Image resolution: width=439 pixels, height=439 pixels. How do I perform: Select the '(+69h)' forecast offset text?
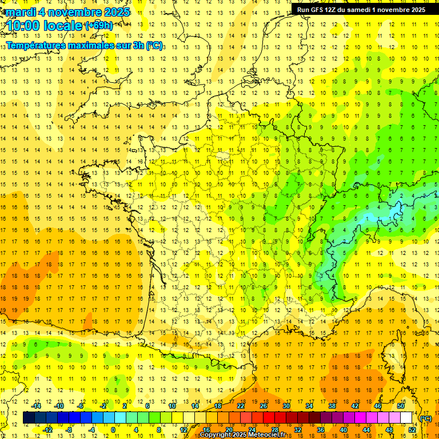click(x=99, y=26)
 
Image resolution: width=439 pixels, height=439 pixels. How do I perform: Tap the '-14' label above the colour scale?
click(x=37, y=406)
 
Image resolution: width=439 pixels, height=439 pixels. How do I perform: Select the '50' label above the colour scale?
click(x=400, y=406)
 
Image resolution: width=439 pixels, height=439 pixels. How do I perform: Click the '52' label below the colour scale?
click(x=412, y=430)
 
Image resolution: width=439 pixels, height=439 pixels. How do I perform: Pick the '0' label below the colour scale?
click(x=113, y=430)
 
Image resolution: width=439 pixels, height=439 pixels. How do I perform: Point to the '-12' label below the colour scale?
click(x=48, y=430)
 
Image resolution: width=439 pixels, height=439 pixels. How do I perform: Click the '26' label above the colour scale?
click(x=264, y=406)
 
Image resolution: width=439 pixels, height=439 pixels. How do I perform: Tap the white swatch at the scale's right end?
click(x=406, y=418)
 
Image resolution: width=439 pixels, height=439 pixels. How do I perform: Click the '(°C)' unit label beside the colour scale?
click(x=425, y=418)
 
